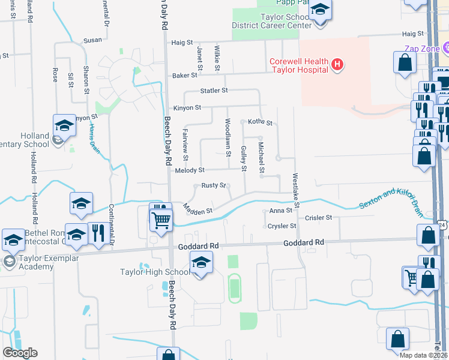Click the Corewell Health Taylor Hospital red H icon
(337, 65)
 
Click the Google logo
(20, 353)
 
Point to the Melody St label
(190, 171)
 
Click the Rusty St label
(214, 185)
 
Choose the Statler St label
(214, 91)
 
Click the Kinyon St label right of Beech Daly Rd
(187, 107)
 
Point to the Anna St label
(281, 211)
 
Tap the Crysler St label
(283, 226)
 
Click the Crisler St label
(318, 218)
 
